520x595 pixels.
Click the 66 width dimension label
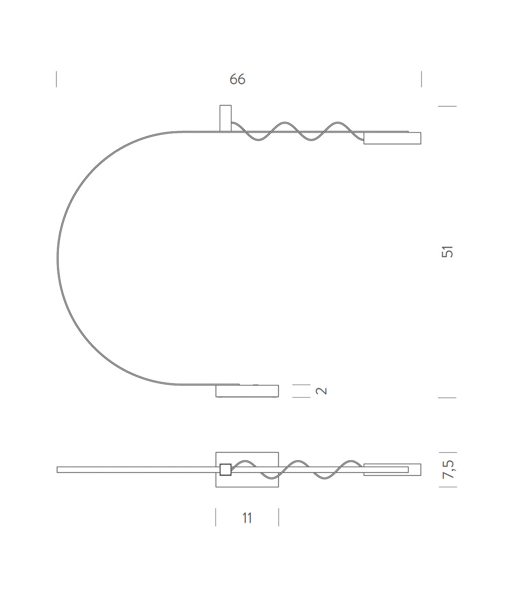coord(237,79)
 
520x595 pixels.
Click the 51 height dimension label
coord(447,252)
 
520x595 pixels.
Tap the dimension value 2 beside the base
coord(321,391)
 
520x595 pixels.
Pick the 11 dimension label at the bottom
coord(247,518)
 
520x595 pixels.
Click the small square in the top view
coord(225,469)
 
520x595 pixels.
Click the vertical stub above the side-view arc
coord(225,118)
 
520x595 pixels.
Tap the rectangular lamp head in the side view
coord(392,138)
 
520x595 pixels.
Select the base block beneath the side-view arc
coord(247,391)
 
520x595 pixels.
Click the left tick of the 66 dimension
coord(56,79)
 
